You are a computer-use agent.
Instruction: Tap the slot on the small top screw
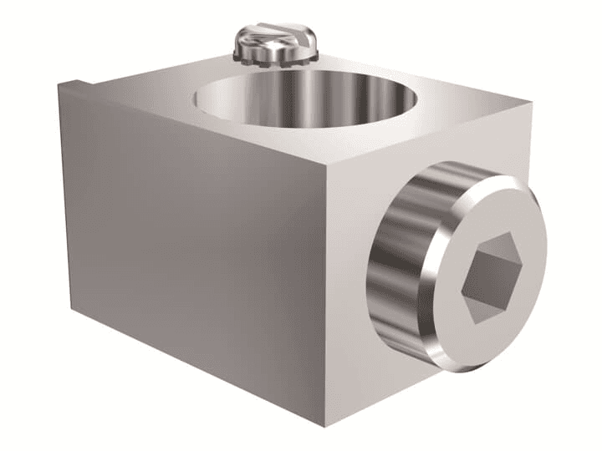point(277,36)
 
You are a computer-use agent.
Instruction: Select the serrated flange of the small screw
point(276,56)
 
